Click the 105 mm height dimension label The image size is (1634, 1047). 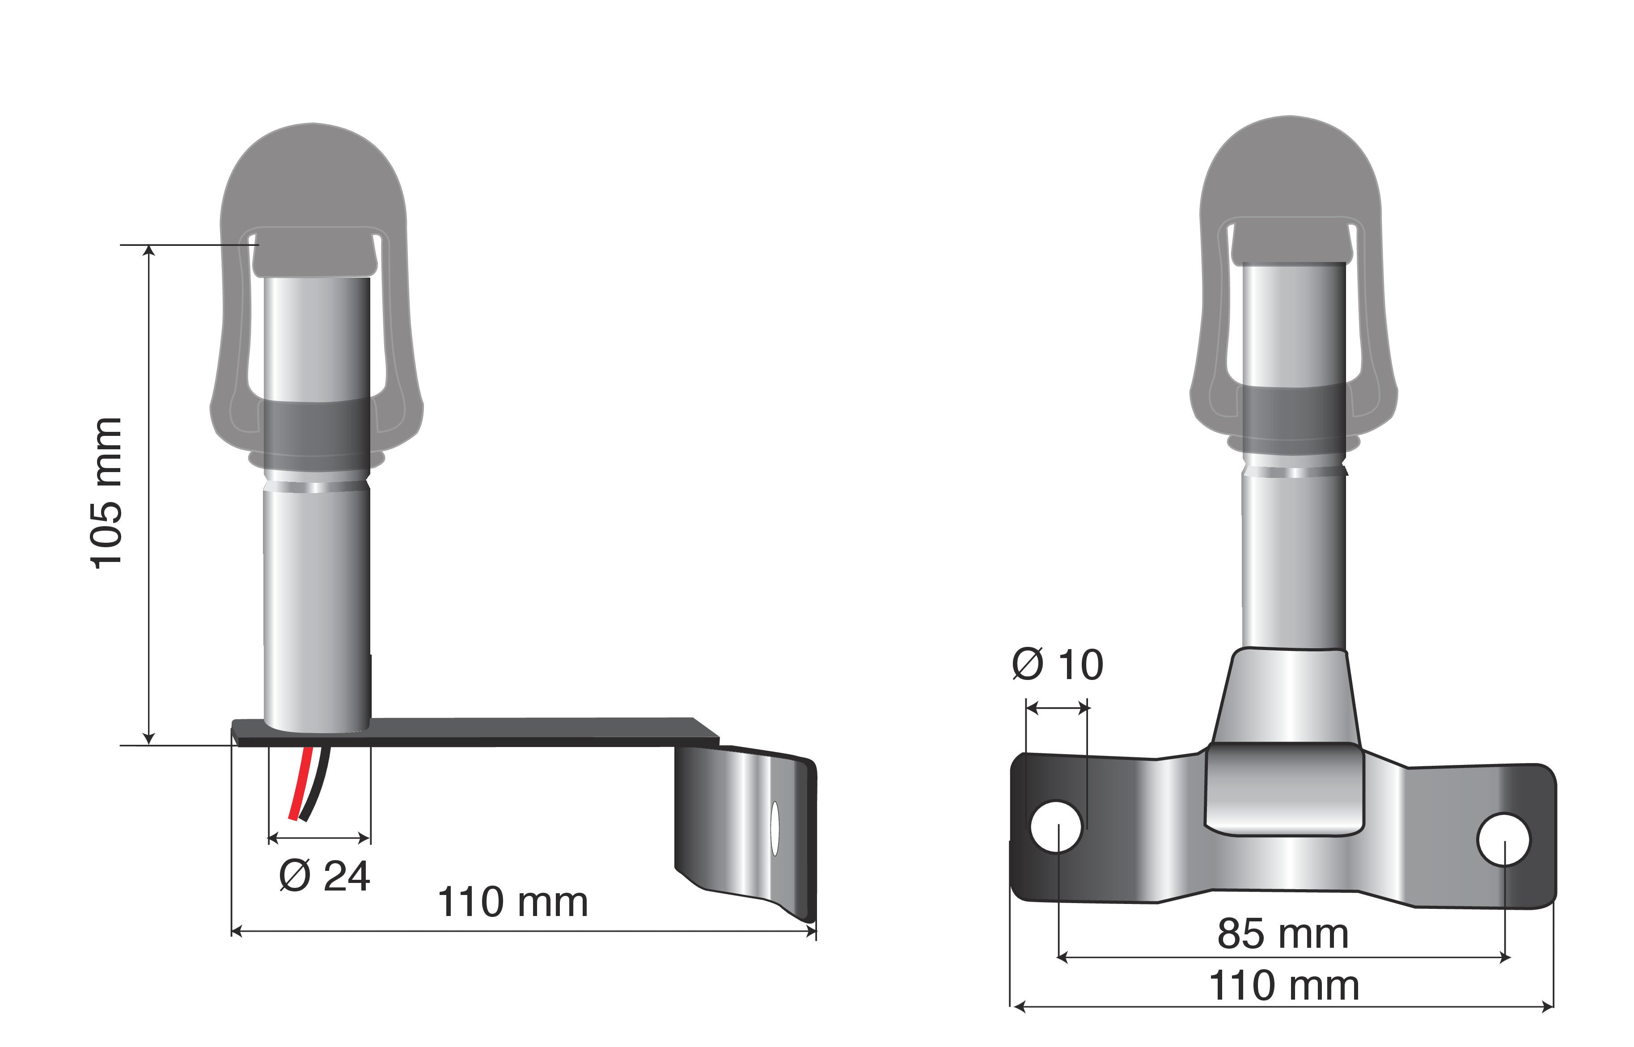tap(107, 493)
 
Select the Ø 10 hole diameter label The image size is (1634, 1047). tap(1058, 664)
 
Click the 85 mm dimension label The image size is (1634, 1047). tap(1283, 933)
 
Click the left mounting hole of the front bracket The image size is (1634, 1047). tap(1056, 826)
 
